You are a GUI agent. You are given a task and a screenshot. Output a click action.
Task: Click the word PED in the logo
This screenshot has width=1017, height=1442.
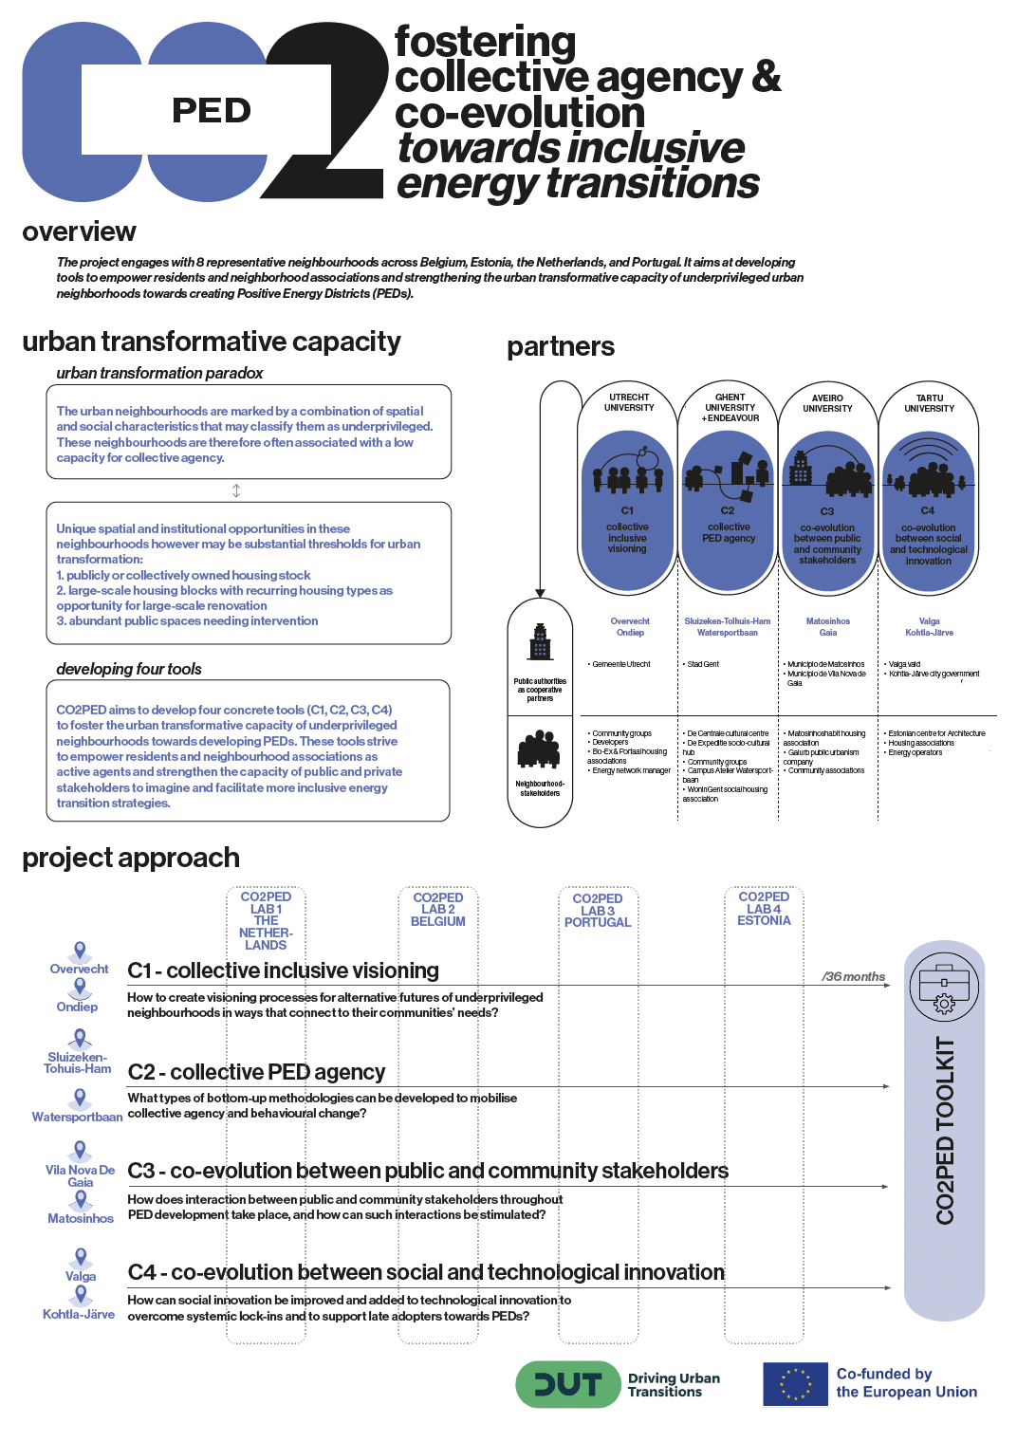212,111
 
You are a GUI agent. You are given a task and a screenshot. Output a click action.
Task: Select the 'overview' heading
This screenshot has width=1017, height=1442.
80,231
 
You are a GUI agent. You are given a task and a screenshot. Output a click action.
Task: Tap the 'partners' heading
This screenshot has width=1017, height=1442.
561,347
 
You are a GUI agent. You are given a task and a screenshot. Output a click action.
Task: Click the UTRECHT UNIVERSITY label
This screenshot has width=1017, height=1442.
629,403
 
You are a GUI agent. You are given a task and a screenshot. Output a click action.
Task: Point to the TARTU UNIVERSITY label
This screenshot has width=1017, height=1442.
929,403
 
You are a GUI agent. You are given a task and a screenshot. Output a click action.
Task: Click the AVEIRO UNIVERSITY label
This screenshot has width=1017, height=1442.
827,403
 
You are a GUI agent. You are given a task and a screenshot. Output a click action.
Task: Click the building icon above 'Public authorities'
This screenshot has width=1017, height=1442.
540,643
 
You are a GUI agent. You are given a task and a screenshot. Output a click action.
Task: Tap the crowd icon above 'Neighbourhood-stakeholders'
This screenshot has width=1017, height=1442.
539,749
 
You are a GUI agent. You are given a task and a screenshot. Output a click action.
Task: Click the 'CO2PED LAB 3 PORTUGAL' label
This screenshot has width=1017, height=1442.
598,911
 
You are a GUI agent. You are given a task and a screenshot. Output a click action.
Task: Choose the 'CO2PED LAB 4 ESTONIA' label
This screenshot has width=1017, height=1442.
764,909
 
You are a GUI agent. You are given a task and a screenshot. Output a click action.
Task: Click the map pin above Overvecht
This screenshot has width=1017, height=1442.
81,951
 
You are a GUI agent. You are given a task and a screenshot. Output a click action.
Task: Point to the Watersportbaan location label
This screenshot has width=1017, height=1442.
77,1118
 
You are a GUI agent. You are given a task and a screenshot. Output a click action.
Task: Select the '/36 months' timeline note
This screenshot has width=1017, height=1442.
853,976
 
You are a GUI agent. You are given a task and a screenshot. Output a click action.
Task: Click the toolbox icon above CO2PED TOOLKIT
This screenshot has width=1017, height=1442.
944,988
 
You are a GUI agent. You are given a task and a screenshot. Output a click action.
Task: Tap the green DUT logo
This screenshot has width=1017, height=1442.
566,1385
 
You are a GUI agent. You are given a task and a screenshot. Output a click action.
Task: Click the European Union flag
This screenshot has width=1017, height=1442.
795,1384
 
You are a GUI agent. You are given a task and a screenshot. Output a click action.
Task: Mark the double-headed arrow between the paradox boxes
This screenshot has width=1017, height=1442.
236,490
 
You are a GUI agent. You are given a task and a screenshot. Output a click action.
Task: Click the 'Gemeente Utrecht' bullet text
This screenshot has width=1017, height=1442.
620,664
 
